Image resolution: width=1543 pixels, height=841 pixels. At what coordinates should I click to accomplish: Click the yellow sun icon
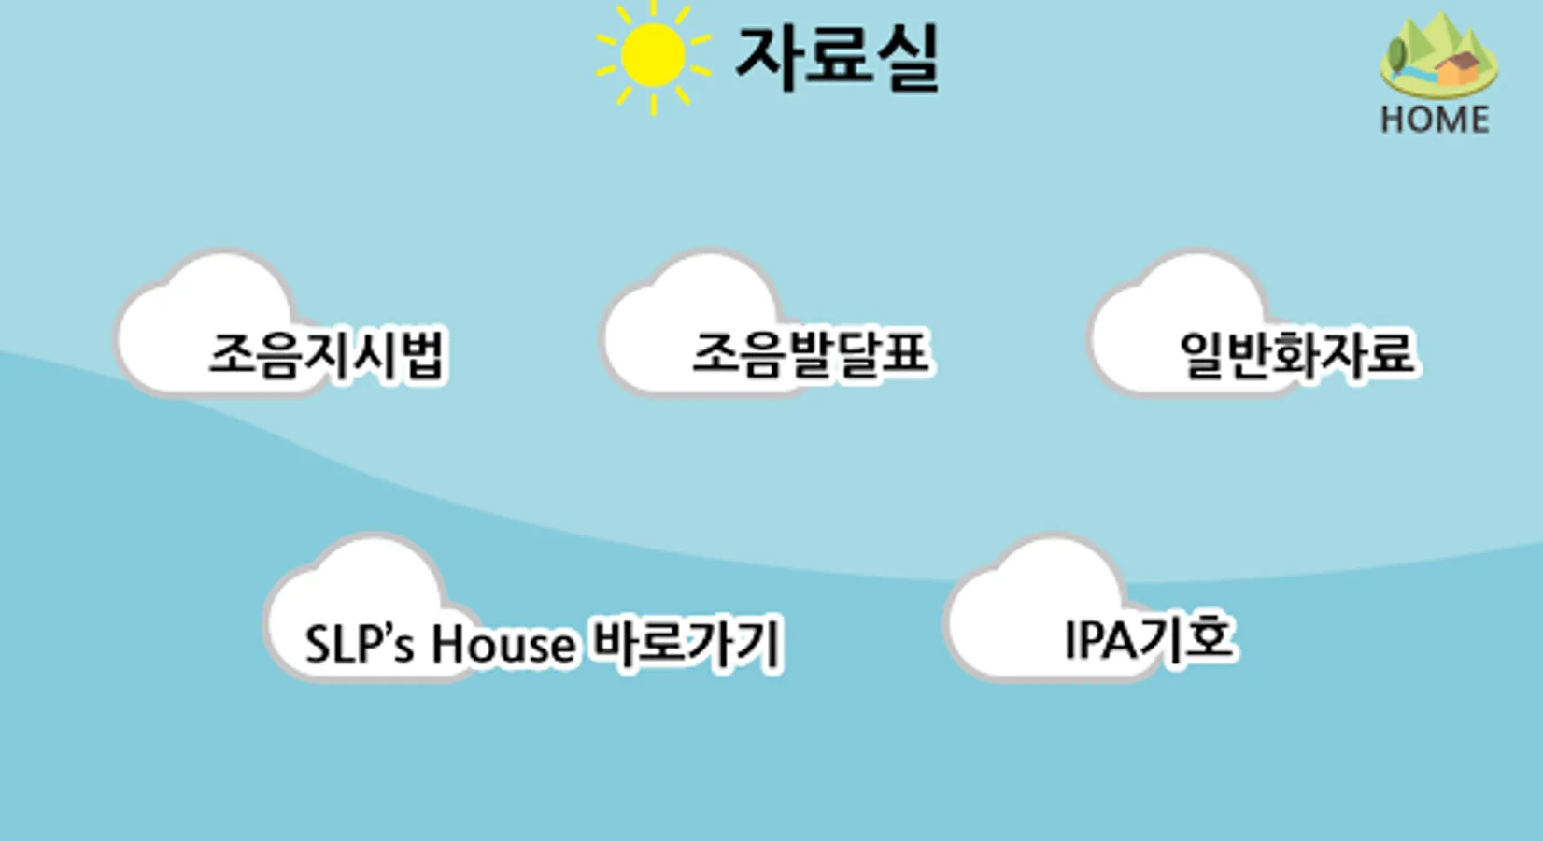tap(653, 56)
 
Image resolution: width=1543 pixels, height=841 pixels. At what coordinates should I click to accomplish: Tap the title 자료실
tap(837, 58)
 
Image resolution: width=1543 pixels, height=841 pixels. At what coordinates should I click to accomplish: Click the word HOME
tap(1435, 120)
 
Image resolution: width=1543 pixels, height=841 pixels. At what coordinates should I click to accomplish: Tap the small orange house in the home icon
tap(1458, 69)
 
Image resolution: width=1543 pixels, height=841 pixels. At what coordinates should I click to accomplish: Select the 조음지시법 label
tap(327, 354)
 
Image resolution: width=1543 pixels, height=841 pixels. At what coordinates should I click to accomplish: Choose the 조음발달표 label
tap(810, 353)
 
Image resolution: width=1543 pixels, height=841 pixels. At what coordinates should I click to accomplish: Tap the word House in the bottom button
tap(503, 644)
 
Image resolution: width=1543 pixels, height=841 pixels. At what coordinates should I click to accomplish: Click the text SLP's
tap(359, 644)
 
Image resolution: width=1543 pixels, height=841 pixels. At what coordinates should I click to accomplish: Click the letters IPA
tap(1098, 641)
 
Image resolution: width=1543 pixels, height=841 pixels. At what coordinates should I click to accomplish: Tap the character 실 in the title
tap(904, 58)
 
